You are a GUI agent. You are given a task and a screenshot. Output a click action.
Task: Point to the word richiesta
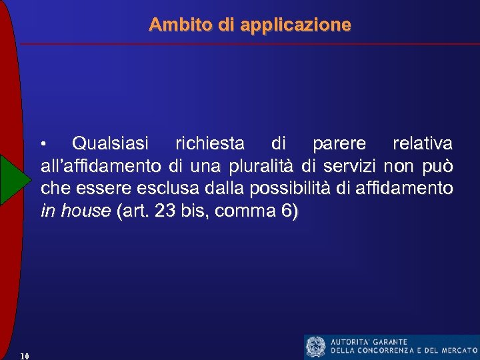coord(209,143)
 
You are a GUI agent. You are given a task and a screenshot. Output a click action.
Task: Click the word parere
coord(339,143)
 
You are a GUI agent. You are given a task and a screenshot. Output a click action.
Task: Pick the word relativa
coord(423,143)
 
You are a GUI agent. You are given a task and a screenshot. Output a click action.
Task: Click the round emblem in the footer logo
coord(315,347)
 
